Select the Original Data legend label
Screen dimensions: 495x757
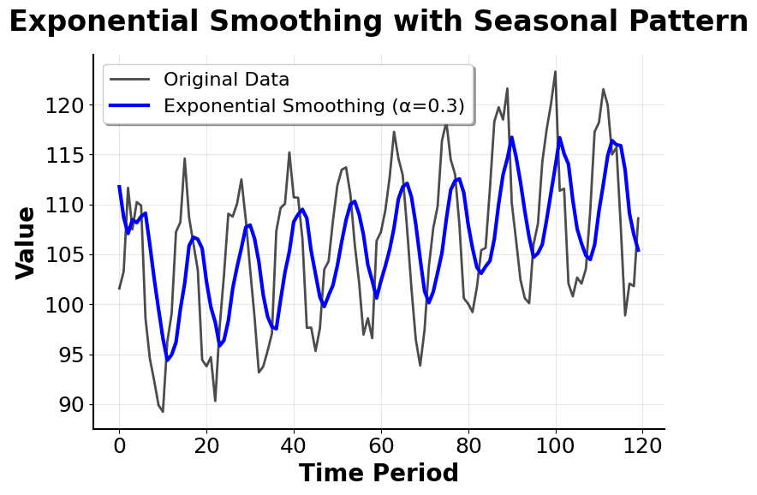[226, 80]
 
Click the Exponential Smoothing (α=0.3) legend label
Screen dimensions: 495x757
[313, 106]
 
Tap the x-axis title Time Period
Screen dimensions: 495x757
[378, 474]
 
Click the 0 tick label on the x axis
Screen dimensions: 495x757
[119, 445]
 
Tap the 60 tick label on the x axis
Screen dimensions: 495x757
[381, 445]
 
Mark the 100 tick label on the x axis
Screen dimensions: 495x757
[556, 445]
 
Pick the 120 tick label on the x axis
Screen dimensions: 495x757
[643, 445]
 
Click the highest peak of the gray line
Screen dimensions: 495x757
[555, 71]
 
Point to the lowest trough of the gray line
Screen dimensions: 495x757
[163, 412]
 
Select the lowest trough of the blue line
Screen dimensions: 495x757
[167, 361]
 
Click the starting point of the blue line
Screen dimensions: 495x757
[119, 186]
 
